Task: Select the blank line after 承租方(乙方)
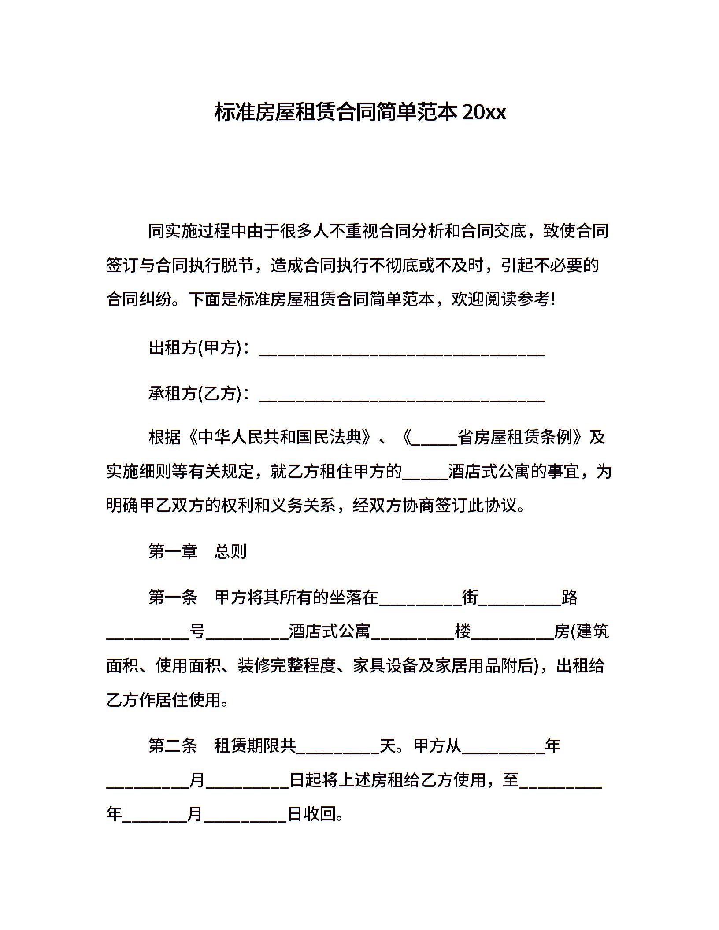click(402, 396)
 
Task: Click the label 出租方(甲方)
click(196, 348)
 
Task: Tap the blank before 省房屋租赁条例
click(434, 440)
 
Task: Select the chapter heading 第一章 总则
click(197, 551)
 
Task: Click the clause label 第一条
click(173, 598)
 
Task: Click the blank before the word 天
click(338, 749)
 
